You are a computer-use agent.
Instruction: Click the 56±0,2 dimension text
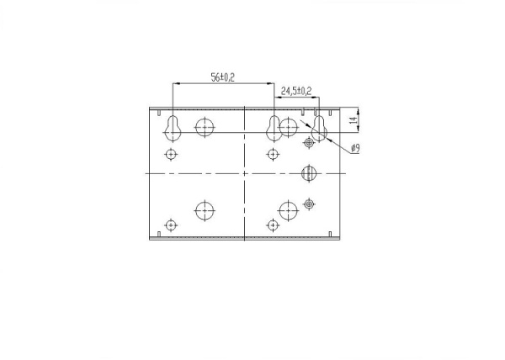[222, 77]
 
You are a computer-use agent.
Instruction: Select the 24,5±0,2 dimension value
[296, 91]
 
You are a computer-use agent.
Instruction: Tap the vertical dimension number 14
[354, 120]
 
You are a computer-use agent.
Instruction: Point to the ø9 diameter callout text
[355, 148]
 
